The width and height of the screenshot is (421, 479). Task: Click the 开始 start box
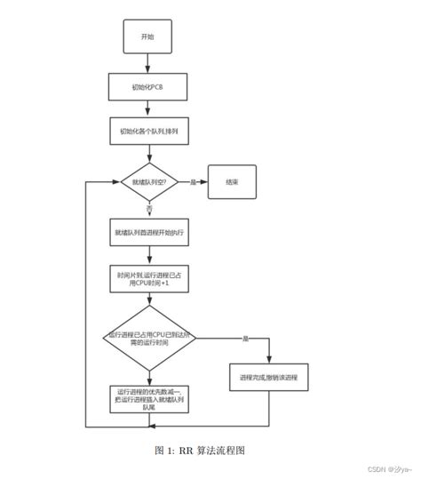147,36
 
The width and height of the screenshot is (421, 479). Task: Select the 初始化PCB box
147,86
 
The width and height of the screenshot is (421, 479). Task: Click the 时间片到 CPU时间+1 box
147,281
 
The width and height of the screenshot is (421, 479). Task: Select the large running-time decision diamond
147,339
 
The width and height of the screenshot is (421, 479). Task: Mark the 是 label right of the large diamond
246,339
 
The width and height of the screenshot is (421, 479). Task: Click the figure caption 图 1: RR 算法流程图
210,450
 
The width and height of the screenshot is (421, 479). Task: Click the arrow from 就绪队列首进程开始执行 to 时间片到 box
147,255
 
